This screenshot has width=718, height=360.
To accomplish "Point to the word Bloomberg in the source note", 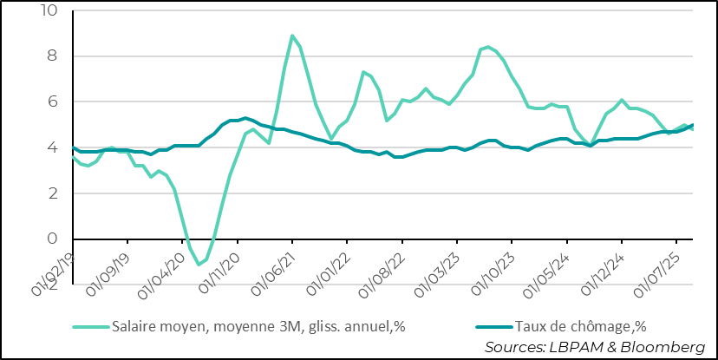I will [663, 347].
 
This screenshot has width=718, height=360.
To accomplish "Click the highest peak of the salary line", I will [292, 36].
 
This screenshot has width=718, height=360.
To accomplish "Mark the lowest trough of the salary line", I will [199, 265].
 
